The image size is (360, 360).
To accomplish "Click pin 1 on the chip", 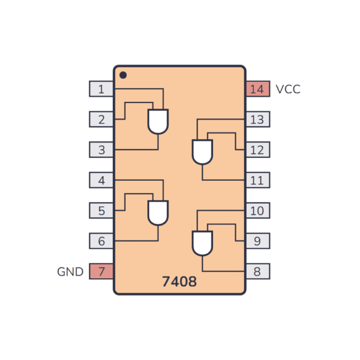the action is click(101, 89).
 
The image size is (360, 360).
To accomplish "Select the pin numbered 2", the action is click(101, 119).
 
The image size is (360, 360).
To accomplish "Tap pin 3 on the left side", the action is click(101, 150).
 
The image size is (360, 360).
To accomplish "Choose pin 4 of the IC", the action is click(101, 180).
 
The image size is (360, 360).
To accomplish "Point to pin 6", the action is click(101, 241).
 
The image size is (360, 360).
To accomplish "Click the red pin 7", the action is click(101, 271).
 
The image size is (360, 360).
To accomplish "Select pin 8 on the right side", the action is click(258, 271).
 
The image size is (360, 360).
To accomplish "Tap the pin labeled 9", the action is click(258, 241).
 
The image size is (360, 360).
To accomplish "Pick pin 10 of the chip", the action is click(258, 211).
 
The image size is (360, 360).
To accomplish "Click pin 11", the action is click(258, 180).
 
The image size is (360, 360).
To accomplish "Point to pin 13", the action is click(258, 119).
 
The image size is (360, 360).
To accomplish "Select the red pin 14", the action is click(258, 89).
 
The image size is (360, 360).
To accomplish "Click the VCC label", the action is click(288, 89).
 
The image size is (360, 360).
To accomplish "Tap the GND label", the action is click(70, 272).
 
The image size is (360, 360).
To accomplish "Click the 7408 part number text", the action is click(179, 281).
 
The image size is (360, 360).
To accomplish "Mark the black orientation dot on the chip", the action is click(123, 75).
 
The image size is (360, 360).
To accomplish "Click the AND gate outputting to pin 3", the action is click(158, 121).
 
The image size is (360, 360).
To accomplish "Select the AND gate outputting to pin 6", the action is click(158, 213).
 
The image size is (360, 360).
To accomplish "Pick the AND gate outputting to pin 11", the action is click(202, 152).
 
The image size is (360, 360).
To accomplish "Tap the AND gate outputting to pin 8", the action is click(202, 243).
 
